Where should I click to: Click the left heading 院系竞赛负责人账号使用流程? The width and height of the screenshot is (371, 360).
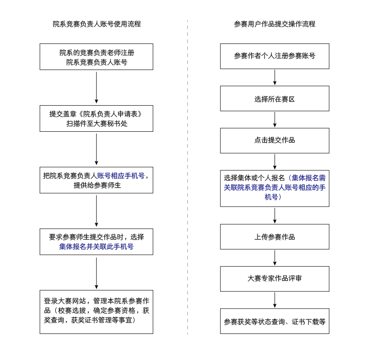pyautogui.click(x=97, y=24)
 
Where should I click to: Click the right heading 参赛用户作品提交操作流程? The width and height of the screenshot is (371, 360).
pyautogui.click(x=274, y=24)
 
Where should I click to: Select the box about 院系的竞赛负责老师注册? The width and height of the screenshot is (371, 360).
pyautogui.click(x=97, y=57)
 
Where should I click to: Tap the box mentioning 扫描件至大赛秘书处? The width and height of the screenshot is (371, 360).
pyautogui.click(x=97, y=119)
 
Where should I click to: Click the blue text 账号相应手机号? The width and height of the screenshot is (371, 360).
pyautogui.click(x=120, y=176)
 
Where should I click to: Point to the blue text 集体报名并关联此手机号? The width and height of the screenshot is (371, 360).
pyautogui.click(x=97, y=247)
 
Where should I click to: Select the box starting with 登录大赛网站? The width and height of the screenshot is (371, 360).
pyautogui.click(x=97, y=311)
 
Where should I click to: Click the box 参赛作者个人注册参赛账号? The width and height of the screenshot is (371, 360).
pyautogui.click(x=274, y=56)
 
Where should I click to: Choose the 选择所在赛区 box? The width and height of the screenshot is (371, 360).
pyautogui.click(x=274, y=99)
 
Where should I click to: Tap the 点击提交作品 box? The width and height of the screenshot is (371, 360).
pyautogui.click(x=274, y=140)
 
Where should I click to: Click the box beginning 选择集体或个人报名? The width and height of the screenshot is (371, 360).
pyautogui.click(x=274, y=188)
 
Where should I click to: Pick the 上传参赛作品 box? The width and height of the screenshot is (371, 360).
pyautogui.click(x=274, y=237)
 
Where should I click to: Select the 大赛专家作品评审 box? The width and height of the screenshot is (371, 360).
pyautogui.click(x=274, y=279)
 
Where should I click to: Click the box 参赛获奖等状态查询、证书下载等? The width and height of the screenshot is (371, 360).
pyautogui.click(x=274, y=321)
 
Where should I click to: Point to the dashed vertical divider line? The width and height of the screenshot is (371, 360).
pyautogui.click(x=188, y=174)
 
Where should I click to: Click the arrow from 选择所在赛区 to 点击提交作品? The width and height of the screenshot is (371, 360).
pyautogui.click(x=274, y=120)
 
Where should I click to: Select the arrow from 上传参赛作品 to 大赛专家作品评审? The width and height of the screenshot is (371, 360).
pyautogui.click(x=274, y=258)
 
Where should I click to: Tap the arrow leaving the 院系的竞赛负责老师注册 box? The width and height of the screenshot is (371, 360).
pyautogui.click(x=97, y=87)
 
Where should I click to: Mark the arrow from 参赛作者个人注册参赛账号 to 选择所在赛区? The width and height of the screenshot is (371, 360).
pyautogui.click(x=274, y=77)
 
